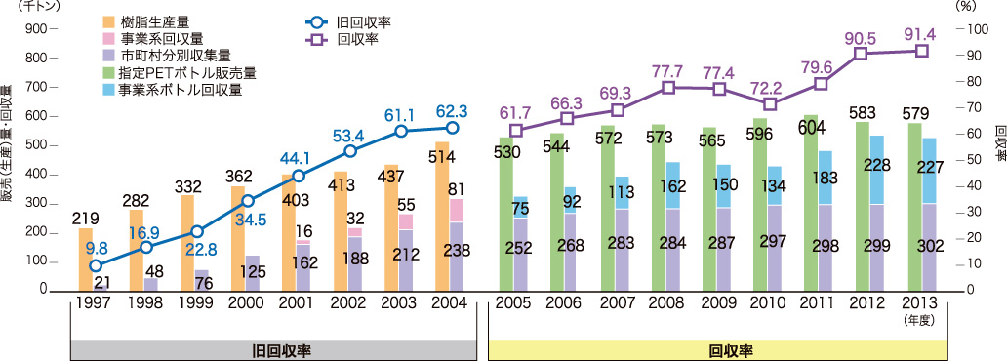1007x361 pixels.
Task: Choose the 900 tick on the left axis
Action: (x=34, y=29)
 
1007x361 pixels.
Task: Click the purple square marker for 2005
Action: (x=516, y=130)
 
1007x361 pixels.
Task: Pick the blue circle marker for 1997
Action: (x=95, y=264)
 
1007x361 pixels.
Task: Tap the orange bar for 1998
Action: (x=136, y=244)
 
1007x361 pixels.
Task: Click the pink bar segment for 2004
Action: (x=456, y=210)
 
